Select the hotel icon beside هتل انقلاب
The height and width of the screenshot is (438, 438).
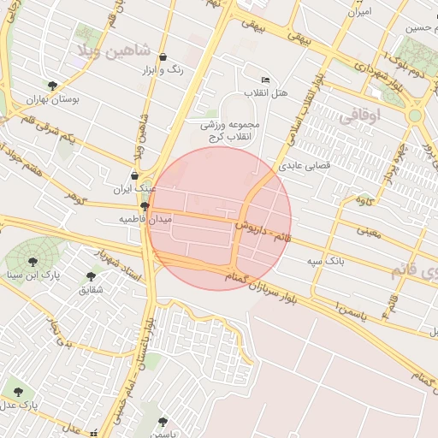coord(264,79)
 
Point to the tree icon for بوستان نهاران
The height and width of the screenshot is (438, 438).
coord(53,86)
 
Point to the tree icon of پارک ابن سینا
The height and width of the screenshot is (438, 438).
coord(33,261)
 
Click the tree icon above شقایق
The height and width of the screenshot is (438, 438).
coord(91,276)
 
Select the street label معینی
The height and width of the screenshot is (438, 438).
coord(370,230)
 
